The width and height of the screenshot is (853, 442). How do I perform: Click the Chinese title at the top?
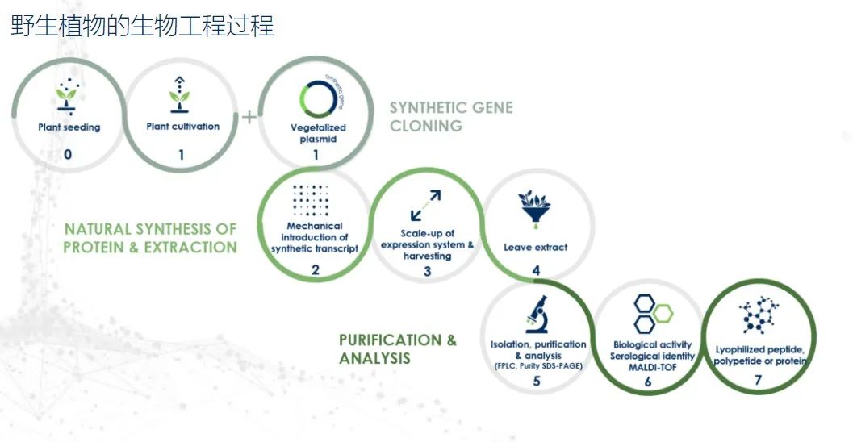click(143, 26)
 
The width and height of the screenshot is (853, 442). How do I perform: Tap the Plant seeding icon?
click(68, 97)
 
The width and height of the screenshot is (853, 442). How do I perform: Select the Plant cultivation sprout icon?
click(179, 94)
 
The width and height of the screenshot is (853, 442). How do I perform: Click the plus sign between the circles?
click(249, 116)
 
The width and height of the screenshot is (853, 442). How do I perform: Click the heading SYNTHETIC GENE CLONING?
click(451, 116)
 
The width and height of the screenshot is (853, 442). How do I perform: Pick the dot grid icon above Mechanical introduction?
click(311, 200)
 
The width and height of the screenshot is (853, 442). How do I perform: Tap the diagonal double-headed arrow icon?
click(426, 205)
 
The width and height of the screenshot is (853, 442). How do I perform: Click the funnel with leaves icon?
click(535, 207)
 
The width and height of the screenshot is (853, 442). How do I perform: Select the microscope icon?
click(537, 315)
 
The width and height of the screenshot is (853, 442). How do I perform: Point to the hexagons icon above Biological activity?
click(652, 314)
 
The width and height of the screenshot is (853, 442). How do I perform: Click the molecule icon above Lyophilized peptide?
click(759, 315)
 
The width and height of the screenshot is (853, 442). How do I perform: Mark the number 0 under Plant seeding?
click(68, 154)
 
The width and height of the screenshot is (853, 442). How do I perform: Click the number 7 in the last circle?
click(758, 380)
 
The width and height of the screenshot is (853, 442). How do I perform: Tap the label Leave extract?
click(535, 248)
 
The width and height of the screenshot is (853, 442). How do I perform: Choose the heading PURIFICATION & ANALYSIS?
click(398, 349)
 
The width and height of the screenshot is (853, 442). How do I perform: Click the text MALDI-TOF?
click(652, 368)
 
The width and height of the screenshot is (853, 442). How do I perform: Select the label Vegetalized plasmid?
click(318, 133)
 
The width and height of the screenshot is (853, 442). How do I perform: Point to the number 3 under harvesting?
click(427, 271)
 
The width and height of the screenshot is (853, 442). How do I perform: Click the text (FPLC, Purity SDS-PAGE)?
click(538, 366)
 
